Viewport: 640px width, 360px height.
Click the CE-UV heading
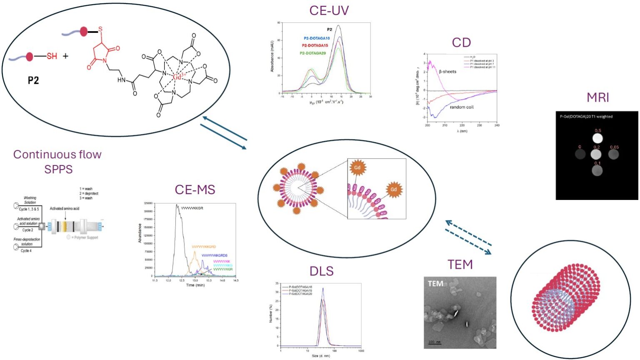click(329, 10)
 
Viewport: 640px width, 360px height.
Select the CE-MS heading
click(195, 190)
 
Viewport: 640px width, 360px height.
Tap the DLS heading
click(321, 271)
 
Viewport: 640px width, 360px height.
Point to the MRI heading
click(597, 97)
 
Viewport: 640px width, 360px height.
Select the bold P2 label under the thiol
click(33, 80)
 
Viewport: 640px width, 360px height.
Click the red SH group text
click(52, 56)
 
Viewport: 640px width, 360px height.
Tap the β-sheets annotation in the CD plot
click(447, 72)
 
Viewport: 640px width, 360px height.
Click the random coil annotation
click(462, 107)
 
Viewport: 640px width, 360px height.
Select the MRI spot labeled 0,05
click(613, 154)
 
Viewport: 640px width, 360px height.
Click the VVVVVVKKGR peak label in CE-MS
click(192, 208)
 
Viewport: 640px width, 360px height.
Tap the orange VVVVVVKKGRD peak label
click(204, 247)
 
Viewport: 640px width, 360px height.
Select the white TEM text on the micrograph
click(435, 284)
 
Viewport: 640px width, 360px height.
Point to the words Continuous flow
click(57, 155)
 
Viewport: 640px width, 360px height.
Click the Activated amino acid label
click(65, 208)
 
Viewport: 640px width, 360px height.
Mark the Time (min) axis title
click(195, 285)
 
